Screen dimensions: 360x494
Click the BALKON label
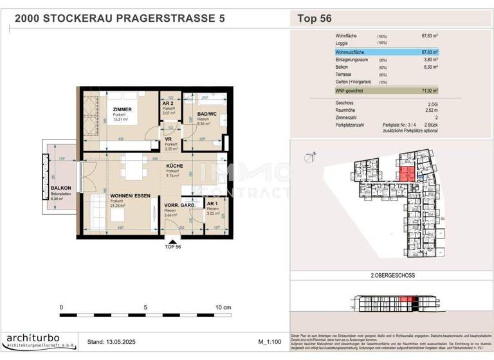[61, 188]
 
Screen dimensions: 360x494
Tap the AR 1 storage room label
[212, 204]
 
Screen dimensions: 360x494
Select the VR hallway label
[167, 139]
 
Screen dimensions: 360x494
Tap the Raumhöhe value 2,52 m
[430, 110]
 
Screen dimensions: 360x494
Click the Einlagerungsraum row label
[352, 59]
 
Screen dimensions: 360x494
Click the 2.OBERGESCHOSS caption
[393, 275]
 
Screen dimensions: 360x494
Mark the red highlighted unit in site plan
[406, 173]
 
